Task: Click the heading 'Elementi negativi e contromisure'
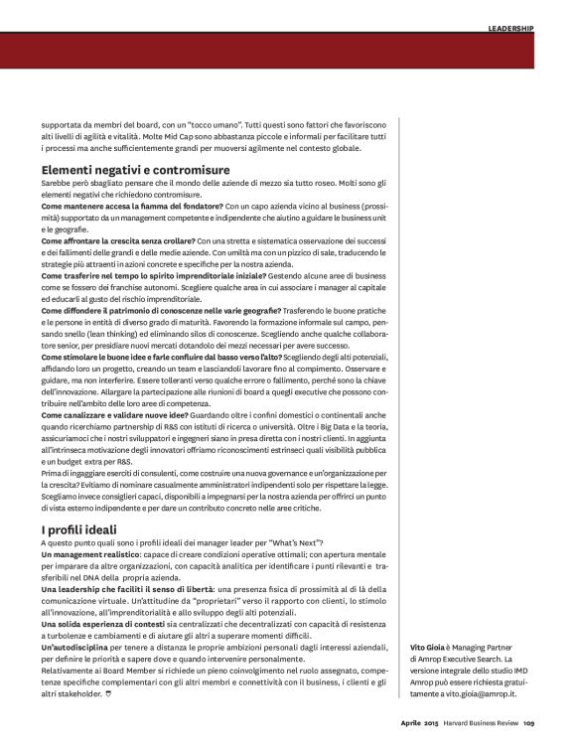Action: [135, 170]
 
